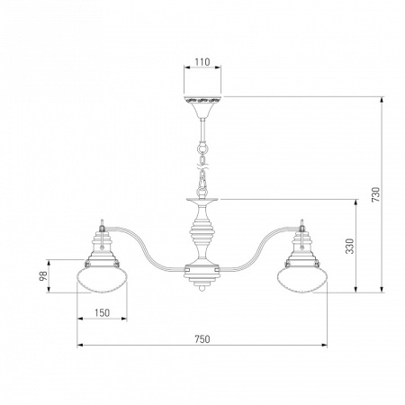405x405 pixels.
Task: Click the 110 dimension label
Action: coord(202,62)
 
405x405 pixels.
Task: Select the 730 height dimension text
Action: coord(375,194)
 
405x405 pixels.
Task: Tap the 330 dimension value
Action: coord(350,246)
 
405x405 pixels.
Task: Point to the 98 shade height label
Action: coord(43,275)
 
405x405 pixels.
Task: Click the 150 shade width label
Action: coord(102,313)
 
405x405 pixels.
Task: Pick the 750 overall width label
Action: coord(202,339)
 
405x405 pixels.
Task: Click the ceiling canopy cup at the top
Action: coord(202,106)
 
